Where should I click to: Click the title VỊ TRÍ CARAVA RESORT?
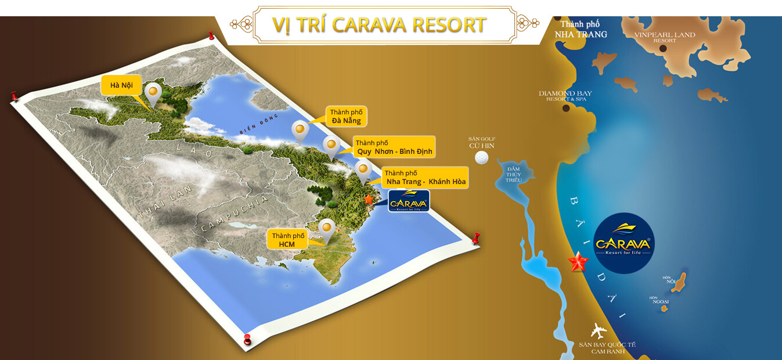click(379, 25)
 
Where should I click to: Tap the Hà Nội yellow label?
click(121, 85)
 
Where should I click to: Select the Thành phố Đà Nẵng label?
click(346, 116)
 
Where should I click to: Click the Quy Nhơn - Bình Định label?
click(394, 147)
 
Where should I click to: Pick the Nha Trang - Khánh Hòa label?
click(425, 178)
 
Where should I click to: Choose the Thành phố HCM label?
click(288, 240)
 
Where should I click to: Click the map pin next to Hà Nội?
click(153, 93)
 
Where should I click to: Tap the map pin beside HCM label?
click(327, 229)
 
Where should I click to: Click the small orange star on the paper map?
click(369, 199)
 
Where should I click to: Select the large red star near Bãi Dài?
click(578, 262)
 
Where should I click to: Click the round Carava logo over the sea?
click(624, 243)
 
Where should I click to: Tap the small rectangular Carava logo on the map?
click(409, 201)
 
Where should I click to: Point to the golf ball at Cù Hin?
click(482, 157)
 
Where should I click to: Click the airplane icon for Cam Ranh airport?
click(598, 330)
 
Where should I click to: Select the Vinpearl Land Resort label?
click(664, 37)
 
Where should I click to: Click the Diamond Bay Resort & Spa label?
click(565, 96)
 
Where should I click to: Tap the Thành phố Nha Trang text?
click(581, 29)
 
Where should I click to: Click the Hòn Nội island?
click(679, 282)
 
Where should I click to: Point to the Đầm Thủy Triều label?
click(513, 174)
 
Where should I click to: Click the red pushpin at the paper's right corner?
click(477, 238)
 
